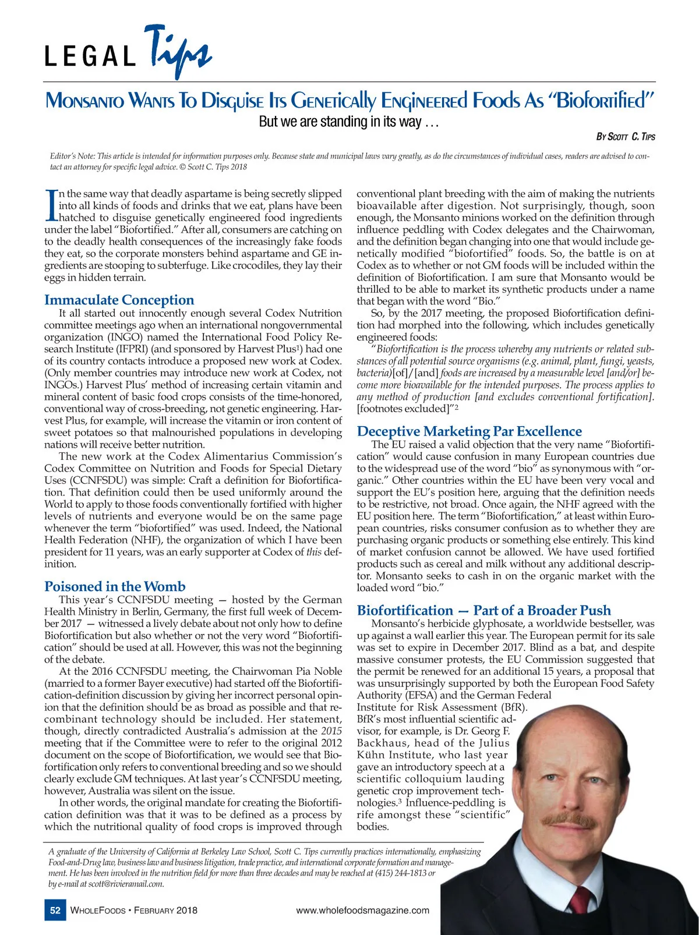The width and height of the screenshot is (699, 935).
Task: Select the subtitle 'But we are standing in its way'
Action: tap(348, 122)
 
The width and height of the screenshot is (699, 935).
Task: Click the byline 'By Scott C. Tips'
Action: tap(626, 137)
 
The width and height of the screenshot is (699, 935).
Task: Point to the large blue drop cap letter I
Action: tap(51, 206)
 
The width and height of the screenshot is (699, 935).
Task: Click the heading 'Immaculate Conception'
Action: tap(119, 300)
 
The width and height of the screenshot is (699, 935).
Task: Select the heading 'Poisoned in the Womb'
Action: tap(115, 586)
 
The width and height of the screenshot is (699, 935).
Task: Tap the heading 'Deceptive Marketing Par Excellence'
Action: tap(469, 431)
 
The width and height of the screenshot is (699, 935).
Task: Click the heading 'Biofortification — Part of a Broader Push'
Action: tap(483, 610)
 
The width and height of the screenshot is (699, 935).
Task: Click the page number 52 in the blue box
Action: tap(55, 911)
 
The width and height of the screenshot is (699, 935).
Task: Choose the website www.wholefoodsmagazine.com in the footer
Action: tap(362, 911)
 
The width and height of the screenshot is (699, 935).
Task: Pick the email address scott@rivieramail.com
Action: tap(125, 884)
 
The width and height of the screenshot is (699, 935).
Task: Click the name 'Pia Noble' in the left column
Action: tap(320, 671)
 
